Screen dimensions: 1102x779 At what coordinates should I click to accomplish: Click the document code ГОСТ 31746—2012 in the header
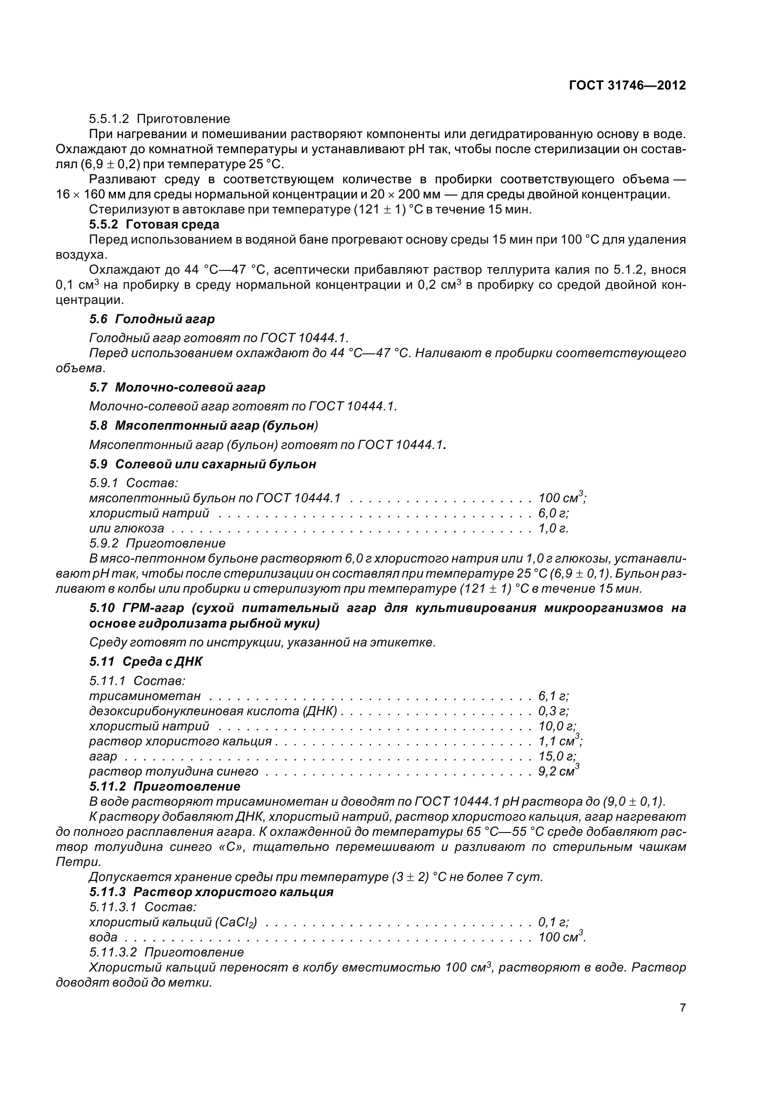pyautogui.click(x=627, y=85)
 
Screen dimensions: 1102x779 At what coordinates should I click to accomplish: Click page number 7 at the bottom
pyautogui.click(x=682, y=1007)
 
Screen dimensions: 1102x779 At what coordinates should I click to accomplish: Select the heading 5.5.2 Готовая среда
pyautogui.click(x=154, y=224)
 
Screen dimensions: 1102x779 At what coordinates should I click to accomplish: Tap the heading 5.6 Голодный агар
pyautogui.click(x=152, y=318)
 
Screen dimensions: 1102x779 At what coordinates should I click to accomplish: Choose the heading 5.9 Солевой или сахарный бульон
pyautogui.click(x=203, y=464)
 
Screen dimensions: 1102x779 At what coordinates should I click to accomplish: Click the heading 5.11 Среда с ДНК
pyautogui.click(x=146, y=661)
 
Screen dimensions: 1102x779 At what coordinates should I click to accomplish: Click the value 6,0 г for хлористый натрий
pyautogui.click(x=553, y=513)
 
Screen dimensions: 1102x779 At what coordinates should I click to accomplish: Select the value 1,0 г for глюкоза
pyautogui.click(x=553, y=529)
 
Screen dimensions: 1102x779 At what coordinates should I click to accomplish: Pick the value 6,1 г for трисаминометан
pyautogui.click(x=553, y=696)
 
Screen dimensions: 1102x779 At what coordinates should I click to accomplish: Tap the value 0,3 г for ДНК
pyautogui.click(x=553, y=711)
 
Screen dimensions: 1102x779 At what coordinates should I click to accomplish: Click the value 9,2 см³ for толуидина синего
pyautogui.click(x=558, y=771)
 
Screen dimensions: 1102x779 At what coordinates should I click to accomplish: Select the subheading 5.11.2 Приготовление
pyautogui.click(x=164, y=787)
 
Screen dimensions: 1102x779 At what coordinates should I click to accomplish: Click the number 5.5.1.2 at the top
pyautogui.click(x=109, y=119)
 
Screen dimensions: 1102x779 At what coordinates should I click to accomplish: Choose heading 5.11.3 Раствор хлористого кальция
pyautogui.click(x=211, y=892)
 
